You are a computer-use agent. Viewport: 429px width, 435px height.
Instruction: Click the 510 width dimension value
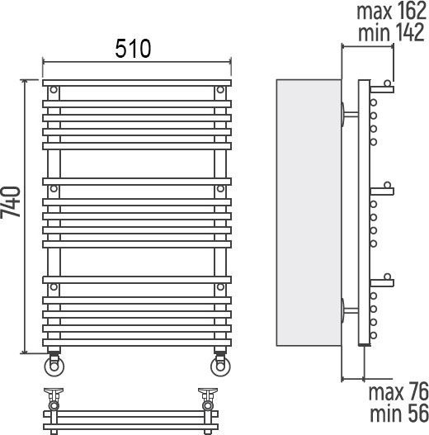coord(133,49)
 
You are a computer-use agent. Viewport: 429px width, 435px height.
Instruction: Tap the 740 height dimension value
coord(11,202)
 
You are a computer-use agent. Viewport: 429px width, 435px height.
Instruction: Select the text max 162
coord(391,11)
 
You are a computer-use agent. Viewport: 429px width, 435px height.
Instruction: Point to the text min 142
coord(391,32)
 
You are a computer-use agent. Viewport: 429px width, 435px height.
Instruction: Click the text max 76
coord(398,392)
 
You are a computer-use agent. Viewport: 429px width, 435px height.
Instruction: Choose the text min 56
coord(399,414)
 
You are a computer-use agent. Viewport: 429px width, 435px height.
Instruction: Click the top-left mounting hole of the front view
coord(54,90)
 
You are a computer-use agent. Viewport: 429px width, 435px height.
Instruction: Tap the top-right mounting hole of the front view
coord(220,90)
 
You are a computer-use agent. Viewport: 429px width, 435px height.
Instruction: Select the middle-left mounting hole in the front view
coord(54,189)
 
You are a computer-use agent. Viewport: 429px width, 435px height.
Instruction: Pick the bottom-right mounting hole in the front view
coord(220,287)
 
